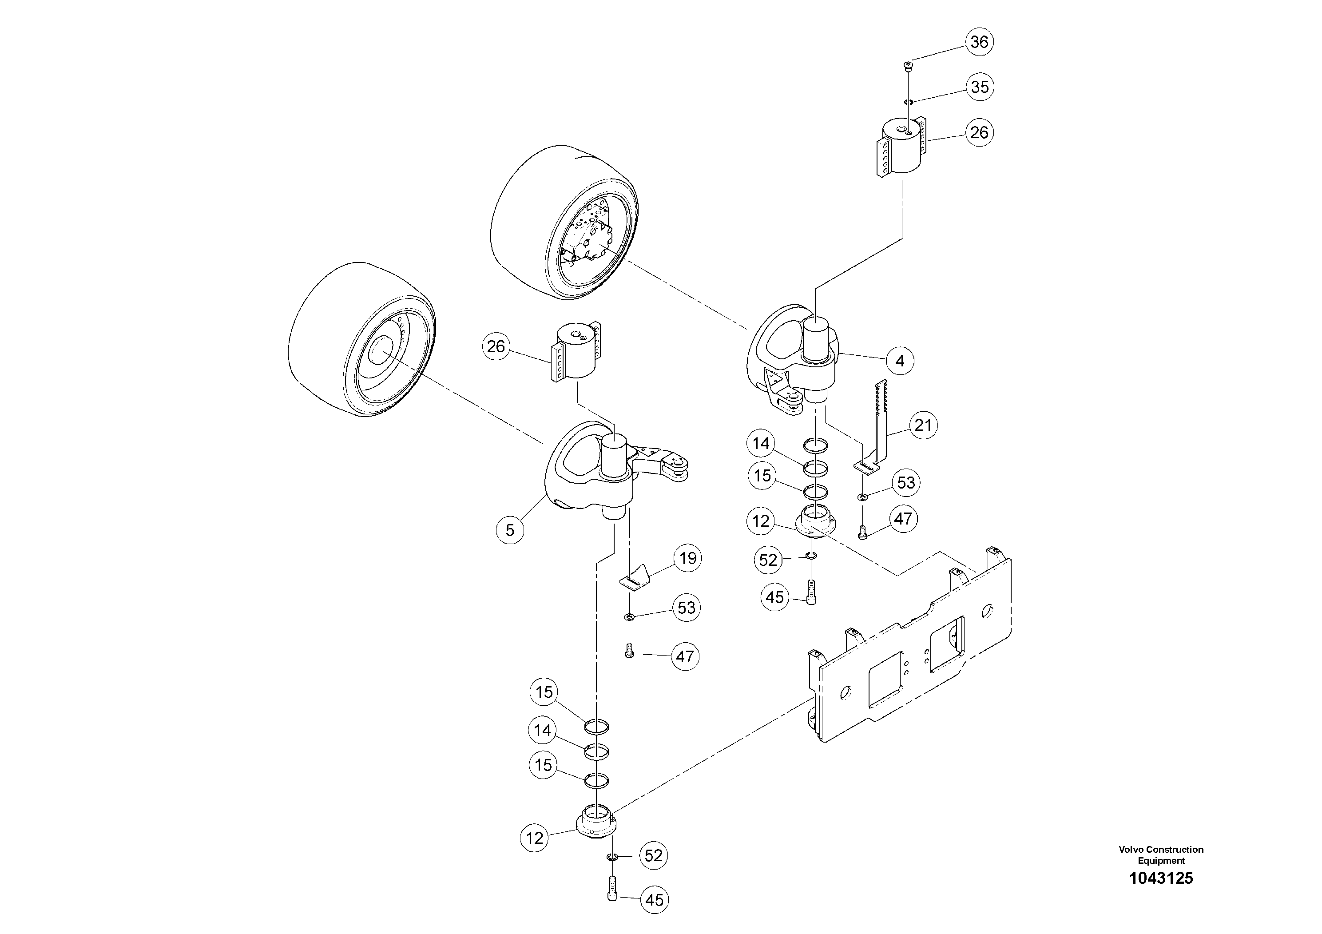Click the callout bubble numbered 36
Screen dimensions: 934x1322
pos(980,42)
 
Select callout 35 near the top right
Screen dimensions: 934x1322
pos(980,87)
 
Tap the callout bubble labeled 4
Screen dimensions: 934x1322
pos(900,361)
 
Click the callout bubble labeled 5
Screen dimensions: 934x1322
pos(510,529)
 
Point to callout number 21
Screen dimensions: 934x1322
pos(923,425)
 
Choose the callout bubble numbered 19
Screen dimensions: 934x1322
pos(687,558)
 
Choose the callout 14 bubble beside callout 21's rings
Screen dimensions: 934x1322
pos(761,443)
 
